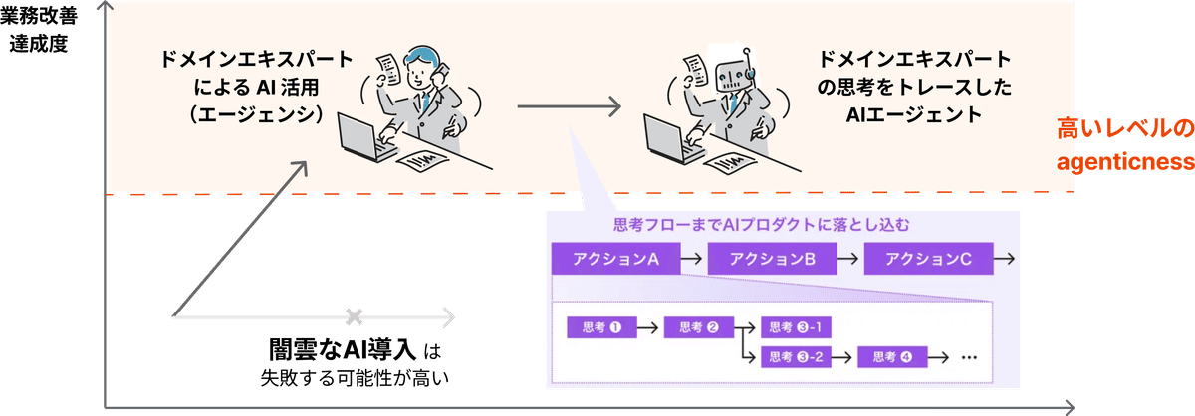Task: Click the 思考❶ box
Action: (600, 327)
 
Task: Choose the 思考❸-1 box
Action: (796, 327)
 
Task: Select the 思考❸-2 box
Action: (796, 356)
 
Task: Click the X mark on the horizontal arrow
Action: (354, 317)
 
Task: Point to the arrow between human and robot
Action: (569, 104)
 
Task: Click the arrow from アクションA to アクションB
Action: (693, 259)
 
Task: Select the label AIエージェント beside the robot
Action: (913, 116)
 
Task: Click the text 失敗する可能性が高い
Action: (355, 378)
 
